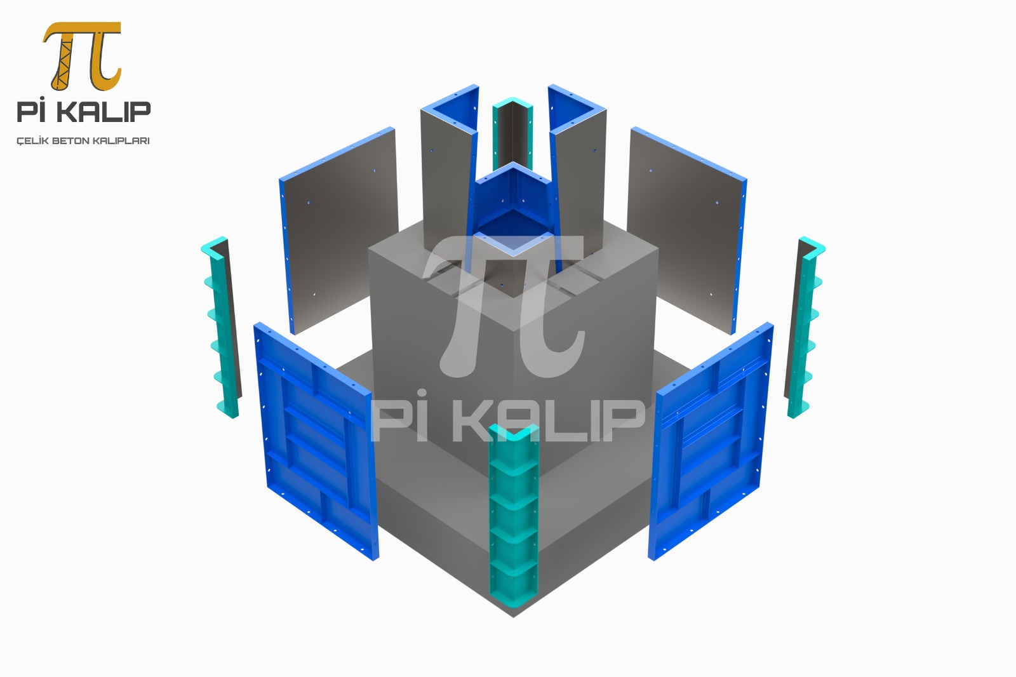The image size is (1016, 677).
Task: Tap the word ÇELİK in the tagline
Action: click(x=32, y=140)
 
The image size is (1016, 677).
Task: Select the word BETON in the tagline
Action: click(x=72, y=141)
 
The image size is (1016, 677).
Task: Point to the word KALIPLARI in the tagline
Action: click(x=121, y=141)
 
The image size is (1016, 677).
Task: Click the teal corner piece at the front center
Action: click(x=514, y=518)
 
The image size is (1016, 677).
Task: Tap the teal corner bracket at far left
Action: click(x=221, y=326)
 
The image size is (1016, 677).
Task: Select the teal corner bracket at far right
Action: click(x=805, y=326)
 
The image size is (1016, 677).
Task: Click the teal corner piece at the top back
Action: click(x=512, y=131)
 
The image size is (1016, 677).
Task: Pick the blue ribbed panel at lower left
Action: click(x=316, y=441)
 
